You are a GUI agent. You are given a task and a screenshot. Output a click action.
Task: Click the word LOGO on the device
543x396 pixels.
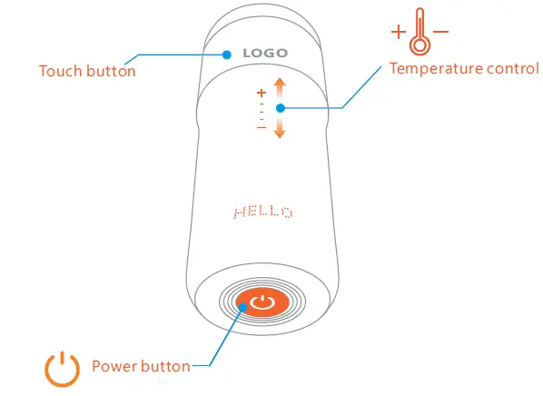265,54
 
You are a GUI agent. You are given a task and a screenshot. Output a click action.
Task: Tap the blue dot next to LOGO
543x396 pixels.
226,54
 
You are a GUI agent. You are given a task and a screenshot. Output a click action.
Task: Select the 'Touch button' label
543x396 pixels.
87,71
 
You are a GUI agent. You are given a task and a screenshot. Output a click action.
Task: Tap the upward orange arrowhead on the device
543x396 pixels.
280,84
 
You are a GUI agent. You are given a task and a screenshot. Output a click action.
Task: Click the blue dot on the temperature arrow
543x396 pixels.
281,108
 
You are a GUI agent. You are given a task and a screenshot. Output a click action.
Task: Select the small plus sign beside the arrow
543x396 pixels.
262,93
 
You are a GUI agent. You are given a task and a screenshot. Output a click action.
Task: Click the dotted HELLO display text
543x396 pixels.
263,213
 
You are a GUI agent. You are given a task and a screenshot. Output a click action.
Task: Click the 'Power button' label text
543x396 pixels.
141,367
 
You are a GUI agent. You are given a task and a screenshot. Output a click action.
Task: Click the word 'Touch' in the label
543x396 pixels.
61,71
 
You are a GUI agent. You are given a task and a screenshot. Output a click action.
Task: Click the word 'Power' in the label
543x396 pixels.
114,367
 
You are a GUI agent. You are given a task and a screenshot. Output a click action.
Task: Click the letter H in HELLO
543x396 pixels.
239,213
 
